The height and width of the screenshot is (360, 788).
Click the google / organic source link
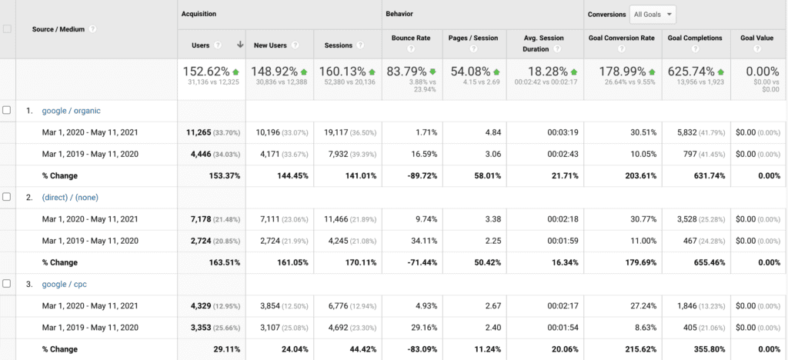71,110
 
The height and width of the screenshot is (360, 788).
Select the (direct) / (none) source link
71,197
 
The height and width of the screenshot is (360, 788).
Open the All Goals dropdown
652,14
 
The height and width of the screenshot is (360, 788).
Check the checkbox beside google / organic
7,110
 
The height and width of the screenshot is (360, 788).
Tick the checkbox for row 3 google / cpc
7,284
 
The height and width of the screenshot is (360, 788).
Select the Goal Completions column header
694,38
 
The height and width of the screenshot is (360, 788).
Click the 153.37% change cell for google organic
223,175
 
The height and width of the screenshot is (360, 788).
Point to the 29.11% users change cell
225,349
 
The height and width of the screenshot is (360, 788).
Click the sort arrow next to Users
240,45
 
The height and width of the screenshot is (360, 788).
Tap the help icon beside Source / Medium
92,29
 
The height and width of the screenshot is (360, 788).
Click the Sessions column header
338,45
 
